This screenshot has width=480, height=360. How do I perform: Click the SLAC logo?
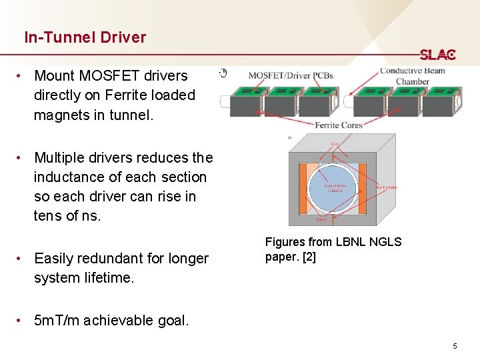[x=437, y=55]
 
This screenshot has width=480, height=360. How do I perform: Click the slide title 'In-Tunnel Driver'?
[x=85, y=37]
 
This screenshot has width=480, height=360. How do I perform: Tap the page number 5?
[x=455, y=346]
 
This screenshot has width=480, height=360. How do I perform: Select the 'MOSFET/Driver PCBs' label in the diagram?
[x=291, y=75]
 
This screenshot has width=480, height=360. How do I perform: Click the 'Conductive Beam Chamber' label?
[x=413, y=76]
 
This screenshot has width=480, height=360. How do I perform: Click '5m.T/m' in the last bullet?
[x=58, y=321]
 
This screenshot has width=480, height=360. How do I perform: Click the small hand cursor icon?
[x=224, y=73]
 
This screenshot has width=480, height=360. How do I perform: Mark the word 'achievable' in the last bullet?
[x=115, y=321]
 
